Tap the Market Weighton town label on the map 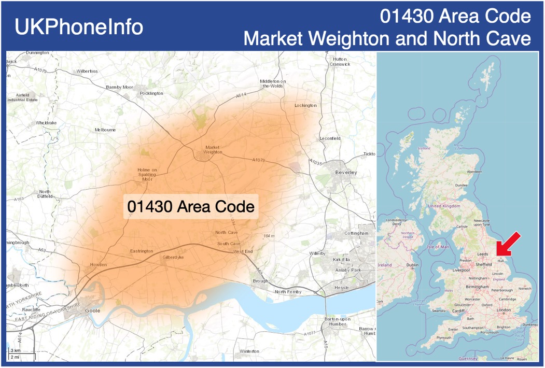tap(213, 150)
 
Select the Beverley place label tap(346, 172)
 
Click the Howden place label tap(99, 265)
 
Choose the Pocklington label tap(151, 93)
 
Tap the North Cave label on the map tap(226, 233)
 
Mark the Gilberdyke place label tap(173, 257)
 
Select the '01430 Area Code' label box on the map tap(191, 207)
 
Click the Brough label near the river tap(261, 281)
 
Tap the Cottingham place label tap(356, 233)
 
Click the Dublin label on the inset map tap(412, 265)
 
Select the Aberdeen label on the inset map tap(474, 172)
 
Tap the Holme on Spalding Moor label tap(147, 174)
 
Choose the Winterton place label tap(249, 351)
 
